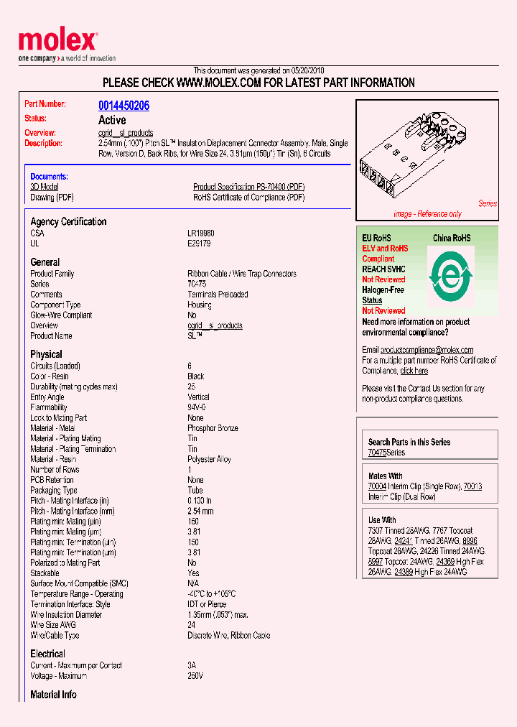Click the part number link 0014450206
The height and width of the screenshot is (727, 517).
point(124,106)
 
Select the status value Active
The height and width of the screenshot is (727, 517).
point(112,120)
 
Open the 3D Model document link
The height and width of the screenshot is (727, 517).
point(44,187)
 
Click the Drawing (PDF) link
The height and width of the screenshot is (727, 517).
point(52,198)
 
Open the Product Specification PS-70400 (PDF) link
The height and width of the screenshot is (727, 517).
point(248,187)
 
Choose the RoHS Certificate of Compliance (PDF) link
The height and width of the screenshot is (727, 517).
point(248,198)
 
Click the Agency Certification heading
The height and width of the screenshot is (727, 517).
point(68,221)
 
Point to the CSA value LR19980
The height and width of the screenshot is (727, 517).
point(200,233)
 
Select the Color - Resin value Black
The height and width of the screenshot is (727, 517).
point(195,376)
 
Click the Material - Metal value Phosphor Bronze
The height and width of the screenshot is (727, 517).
point(213,428)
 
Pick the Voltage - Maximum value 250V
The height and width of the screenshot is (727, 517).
point(195,676)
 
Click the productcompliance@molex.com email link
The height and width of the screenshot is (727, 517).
point(427,350)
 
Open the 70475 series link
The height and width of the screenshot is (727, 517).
point(376,453)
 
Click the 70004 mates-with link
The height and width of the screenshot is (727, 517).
point(377,486)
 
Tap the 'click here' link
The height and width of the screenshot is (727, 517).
point(414,371)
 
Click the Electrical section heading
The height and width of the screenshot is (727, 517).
point(47,654)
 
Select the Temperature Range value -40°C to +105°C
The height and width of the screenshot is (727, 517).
point(211,594)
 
